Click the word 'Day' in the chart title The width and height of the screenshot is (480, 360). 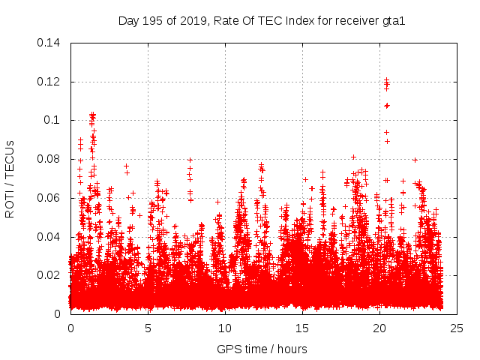coord(128,20)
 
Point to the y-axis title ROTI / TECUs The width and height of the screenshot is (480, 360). coord(10,178)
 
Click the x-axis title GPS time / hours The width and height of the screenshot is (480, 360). coord(262,349)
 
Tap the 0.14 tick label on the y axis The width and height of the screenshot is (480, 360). coord(50,42)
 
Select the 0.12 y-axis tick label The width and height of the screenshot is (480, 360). coord(50,81)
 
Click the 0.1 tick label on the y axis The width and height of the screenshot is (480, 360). coord(54,120)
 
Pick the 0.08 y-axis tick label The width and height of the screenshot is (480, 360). coord(50,159)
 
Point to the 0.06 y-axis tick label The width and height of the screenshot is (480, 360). coord(50,198)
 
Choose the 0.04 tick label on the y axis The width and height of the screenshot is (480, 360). coord(50,237)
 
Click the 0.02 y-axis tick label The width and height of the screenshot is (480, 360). coord(50,275)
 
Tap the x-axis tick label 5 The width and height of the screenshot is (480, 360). coord(148,328)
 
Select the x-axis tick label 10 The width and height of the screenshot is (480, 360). coord(225,328)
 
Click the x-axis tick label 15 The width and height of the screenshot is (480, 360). coord(302,328)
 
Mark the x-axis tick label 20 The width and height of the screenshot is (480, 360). coord(379,328)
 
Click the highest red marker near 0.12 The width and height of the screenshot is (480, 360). coord(386,79)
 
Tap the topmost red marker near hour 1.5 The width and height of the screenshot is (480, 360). coord(92,114)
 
